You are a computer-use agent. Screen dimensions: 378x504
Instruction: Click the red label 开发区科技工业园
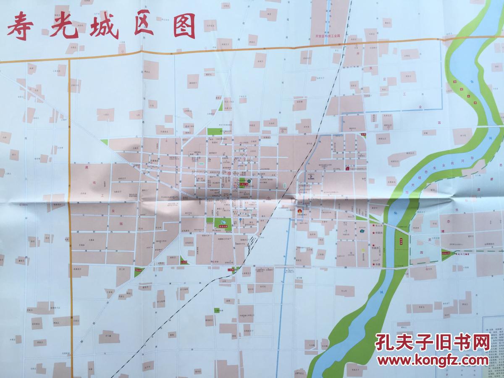330,37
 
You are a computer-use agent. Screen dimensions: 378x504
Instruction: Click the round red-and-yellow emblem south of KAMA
300,213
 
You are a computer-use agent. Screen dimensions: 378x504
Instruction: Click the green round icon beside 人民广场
249,181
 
